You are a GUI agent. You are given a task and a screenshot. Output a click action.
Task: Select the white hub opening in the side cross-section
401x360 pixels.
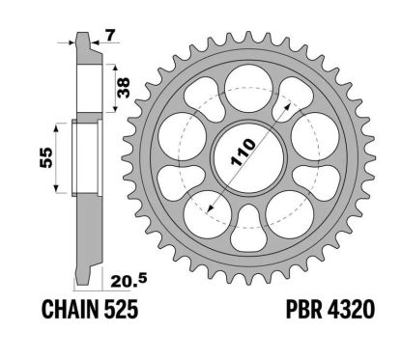pos(85,159)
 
